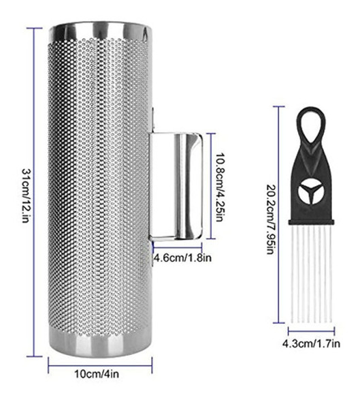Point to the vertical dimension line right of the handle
point(212,185)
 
